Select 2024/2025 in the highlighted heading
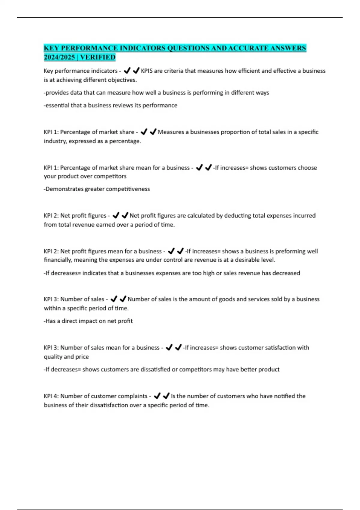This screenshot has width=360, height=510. click(x=59, y=57)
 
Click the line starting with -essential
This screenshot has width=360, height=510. click(x=110, y=105)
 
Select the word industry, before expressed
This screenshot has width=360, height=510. click(x=55, y=141)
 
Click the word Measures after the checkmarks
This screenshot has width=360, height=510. click(x=171, y=132)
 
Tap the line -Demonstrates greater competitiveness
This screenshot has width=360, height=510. click(x=97, y=189)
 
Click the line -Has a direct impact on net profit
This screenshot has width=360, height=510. click(x=88, y=321)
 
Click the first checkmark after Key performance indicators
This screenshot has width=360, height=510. click(x=127, y=71)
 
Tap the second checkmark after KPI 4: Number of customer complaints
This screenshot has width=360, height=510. click(x=166, y=396)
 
